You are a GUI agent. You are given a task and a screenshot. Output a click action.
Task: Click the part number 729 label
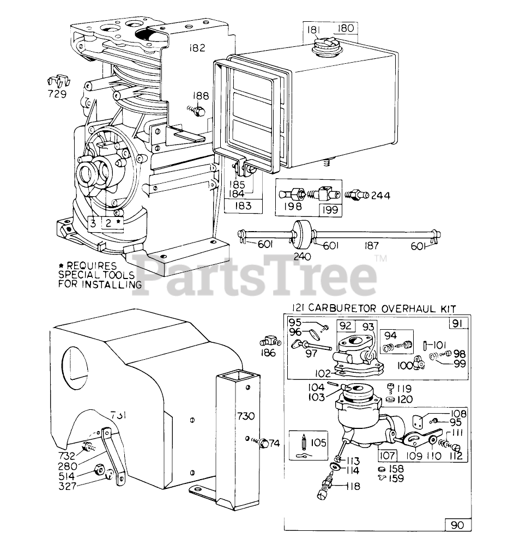tap(57, 94)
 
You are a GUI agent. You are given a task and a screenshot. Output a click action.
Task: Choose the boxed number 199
tap(328, 209)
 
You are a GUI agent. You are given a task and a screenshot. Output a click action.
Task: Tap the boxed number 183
tap(244, 205)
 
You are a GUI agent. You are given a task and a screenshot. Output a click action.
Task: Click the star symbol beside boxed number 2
tap(118, 222)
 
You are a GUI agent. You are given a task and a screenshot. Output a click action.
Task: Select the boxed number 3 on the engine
tap(93, 223)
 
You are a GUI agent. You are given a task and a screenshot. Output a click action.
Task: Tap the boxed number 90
tap(457, 525)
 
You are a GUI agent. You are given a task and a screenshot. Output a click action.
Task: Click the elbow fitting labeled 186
tap(269, 342)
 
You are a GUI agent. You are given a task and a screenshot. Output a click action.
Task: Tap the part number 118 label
tap(353, 486)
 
